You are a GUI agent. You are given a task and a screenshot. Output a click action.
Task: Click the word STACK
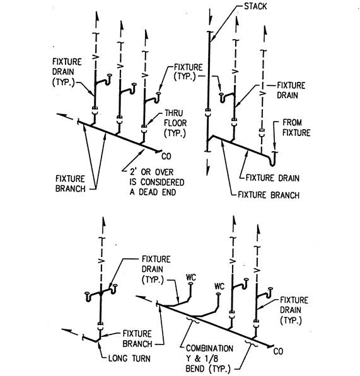point(255,6)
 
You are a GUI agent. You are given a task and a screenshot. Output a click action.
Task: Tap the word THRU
point(173,113)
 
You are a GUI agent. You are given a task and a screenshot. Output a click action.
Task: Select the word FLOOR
point(175,123)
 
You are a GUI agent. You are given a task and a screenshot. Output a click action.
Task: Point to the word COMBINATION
point(209,348)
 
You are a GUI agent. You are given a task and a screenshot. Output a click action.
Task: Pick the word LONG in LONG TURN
point(117,358)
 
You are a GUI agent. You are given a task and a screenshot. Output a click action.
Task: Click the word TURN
point(141,358)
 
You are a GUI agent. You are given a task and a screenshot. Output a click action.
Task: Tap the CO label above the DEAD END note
point(166,156)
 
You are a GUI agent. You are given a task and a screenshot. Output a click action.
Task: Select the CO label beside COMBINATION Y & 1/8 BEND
point(278,351)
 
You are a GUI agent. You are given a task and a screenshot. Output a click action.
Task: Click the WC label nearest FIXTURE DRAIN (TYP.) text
point(191,278)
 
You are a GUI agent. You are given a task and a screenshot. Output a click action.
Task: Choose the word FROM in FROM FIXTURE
point(292,123)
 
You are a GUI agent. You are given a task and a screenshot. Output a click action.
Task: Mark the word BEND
point(195,368)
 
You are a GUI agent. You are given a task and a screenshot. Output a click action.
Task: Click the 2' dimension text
point(133,172)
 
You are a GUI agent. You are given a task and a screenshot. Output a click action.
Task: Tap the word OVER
point(164,172)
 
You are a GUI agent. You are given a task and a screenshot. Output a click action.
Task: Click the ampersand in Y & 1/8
point(197,358)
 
